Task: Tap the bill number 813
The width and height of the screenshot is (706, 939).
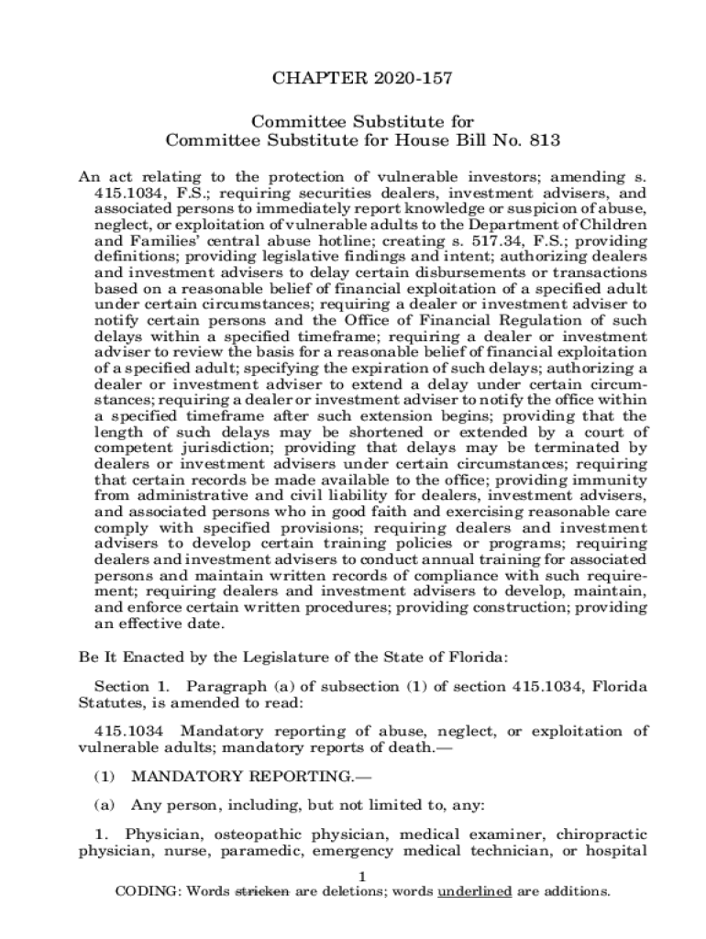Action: tap(542, 140)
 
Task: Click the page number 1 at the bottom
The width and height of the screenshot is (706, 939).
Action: tap(363, 877)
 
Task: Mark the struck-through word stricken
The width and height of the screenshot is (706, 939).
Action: tap(263, 892)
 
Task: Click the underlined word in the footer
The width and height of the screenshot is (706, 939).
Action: tap(474, 892)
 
